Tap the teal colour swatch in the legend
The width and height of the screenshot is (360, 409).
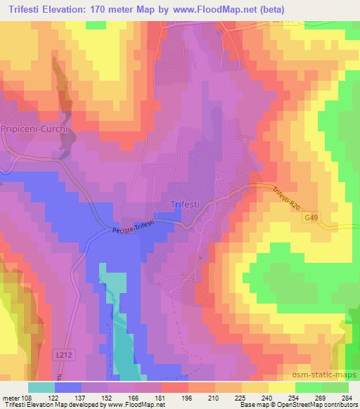(x=41, y=387)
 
